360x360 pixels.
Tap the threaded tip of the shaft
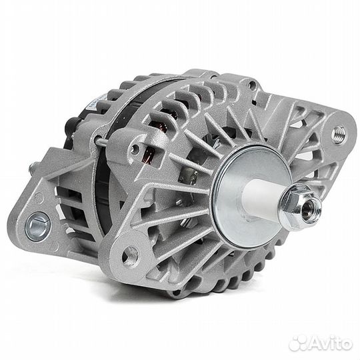311,209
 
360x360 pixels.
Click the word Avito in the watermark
331,344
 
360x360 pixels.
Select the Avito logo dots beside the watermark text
298,343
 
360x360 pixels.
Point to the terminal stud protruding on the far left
33,167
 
